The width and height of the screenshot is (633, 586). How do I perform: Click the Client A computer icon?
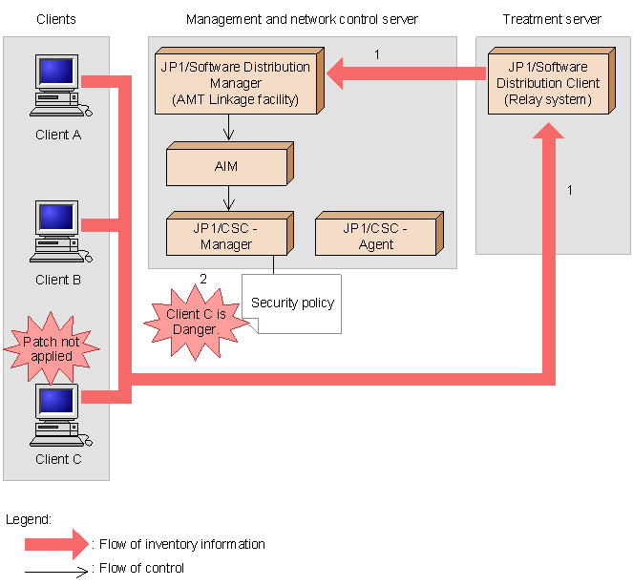60,86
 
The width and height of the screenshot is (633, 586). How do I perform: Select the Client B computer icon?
60,231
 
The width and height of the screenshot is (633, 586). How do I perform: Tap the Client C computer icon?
60,415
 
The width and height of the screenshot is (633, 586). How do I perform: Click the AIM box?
230,164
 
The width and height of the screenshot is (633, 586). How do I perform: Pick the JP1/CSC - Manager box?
230,234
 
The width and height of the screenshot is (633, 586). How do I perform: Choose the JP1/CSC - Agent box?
379,234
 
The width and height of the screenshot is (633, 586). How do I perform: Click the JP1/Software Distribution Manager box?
240,81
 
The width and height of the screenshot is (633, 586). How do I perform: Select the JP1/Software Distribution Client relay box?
552,81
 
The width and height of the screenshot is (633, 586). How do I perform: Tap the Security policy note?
292,303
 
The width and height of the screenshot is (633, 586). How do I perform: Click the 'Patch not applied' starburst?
52,348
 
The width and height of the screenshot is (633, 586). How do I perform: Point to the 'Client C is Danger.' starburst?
196,322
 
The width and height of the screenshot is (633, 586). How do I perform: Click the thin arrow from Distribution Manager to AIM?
228,128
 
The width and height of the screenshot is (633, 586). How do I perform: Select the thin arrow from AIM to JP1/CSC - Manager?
228,199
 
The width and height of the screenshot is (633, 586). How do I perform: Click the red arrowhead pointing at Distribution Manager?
335,73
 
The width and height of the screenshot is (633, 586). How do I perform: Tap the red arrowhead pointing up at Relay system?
549,131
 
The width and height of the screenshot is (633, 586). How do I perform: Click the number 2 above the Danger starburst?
203,279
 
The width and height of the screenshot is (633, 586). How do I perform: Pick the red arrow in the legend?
56,544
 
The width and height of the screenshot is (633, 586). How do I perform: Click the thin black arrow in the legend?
56,572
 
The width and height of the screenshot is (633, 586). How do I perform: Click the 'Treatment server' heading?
552,19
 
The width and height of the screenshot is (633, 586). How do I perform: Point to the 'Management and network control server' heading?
302,19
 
